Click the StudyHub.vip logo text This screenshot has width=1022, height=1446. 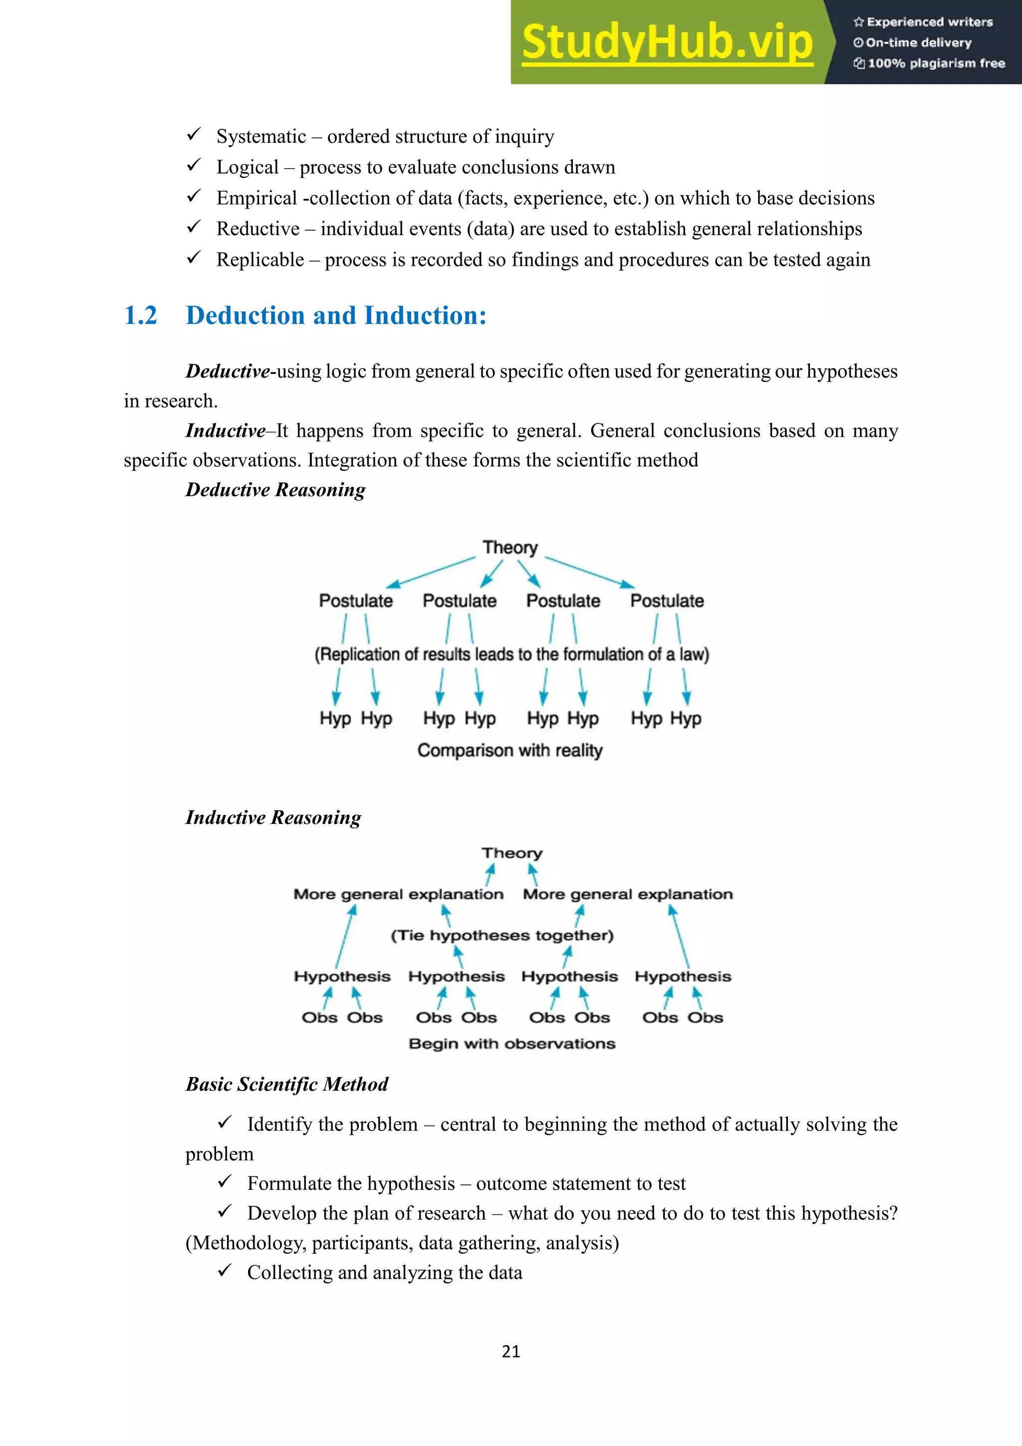pyautogui.click(x=667, y=42)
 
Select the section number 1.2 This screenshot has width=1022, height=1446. pyautogui.click(x=140, y=316)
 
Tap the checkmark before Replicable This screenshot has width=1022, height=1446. pyautogui.click(x=194, y=257)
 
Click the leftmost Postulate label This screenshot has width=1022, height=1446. pyautogui.click(x=356, y=601)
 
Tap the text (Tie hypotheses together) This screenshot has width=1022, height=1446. pyautogui.click(x=502, y=935)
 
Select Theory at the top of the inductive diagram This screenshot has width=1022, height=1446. pyautogui.click(x=511, y=853)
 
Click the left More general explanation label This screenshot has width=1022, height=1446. pyautogui.click(x=398, y=894)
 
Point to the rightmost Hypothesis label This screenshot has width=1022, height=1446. pyautogui.click(x=683, y=977)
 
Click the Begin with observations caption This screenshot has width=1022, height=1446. pyautogui.click(x=511, y=1044)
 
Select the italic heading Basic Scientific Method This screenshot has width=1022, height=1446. pyautogui.click(x=287, y=1084)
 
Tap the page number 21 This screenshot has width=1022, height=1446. pyautogui.click(x=511, y=1352)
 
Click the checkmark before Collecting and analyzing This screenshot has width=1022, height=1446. pyautogui.click(x=225, y=1270)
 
